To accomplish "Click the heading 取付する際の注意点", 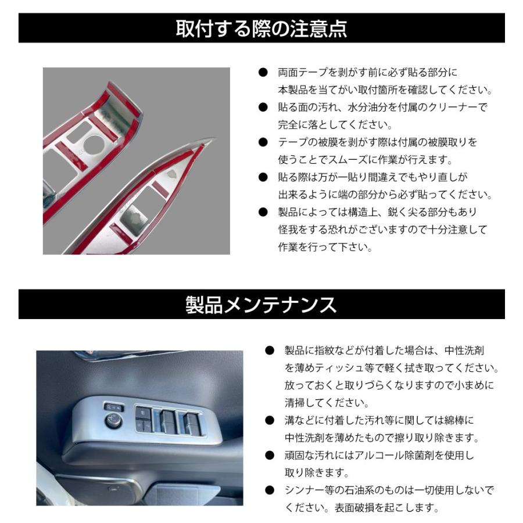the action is [261, 28].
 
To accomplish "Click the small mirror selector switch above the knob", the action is [110, 407].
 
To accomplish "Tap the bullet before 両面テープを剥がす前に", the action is [263, 73].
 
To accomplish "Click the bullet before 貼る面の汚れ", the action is [263, 108].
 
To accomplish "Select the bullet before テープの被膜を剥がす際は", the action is [263, 142].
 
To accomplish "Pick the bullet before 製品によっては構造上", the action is [263, 212].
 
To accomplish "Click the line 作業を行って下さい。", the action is [325, 247].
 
